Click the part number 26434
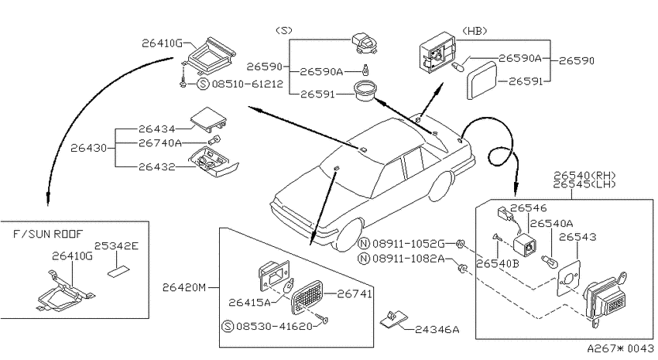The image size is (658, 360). point(156,129)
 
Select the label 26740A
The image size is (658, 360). point(160,143)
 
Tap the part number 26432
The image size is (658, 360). point(156,167)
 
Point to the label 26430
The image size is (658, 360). point(88,148)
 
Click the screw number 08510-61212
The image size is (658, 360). point(248,84)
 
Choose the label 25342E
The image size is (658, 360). point(116,246)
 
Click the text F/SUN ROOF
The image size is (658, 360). point(48,234)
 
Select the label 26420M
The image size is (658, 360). point(184,287)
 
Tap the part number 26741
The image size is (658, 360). point(355,294)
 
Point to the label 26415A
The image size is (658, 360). point(250,302)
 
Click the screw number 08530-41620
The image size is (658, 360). point(275,326)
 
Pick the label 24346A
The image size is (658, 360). point(437,330)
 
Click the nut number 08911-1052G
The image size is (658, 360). point(408,244)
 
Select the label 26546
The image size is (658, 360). point(529,208)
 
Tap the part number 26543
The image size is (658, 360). point(577,237)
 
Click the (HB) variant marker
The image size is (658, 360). point(475,31)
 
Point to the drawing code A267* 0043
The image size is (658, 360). point(620,348)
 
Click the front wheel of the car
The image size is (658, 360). point(348,234)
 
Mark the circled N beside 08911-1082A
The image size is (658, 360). point(363,259)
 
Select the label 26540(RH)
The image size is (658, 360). point(584,176)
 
